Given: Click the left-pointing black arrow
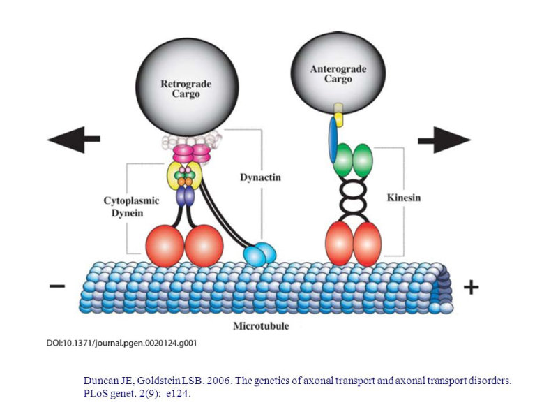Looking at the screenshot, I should pos(74,139).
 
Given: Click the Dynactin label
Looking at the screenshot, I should pos(260,177).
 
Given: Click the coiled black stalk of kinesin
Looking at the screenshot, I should pos(352,198).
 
